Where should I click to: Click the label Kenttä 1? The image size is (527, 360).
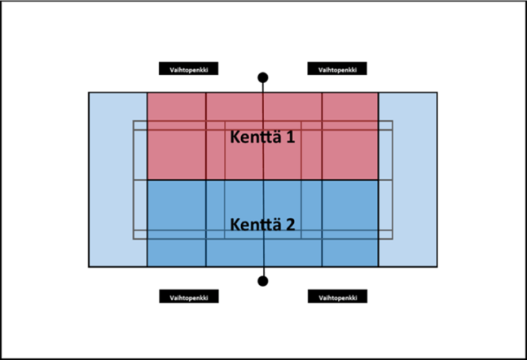(263, 137)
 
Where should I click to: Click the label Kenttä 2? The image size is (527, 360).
(263, 224)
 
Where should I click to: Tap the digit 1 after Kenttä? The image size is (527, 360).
(290, 137)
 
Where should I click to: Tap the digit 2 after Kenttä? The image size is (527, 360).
(290, 224)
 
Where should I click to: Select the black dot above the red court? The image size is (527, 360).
(263, 78)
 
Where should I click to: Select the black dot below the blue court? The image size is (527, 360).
(263, 281)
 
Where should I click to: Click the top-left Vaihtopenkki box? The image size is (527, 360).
(188, 69)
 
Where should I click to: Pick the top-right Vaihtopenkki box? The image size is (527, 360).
(337, 69)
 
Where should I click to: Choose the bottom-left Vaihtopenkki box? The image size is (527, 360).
(189, 297)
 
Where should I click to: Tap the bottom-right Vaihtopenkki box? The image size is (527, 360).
(337, 297)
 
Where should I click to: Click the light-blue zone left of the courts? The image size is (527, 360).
(118, 180)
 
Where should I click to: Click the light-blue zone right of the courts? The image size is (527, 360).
(408, 180)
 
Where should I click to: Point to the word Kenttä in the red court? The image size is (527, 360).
(256, 137)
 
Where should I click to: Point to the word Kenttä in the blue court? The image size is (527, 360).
(256, 224)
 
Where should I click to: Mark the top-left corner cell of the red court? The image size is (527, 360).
(176, 107)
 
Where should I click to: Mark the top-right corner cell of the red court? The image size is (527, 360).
(350, 107)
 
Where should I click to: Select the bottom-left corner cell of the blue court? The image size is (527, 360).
(176, 253)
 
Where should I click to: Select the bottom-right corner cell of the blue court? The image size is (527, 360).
(350, 253)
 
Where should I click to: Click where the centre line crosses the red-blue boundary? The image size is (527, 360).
(263, 180)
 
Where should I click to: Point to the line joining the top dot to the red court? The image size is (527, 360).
(263, 87)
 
